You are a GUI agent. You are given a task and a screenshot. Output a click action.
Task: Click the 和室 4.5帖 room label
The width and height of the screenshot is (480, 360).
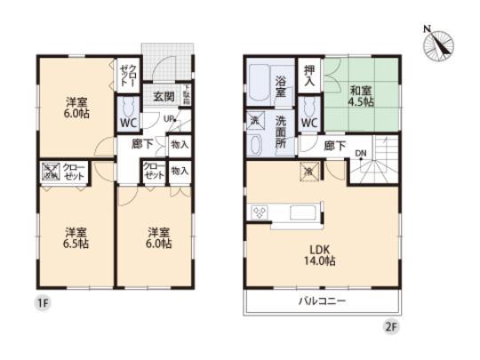coord(360,96)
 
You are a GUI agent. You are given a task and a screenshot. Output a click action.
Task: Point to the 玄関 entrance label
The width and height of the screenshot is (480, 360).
coord(162,97)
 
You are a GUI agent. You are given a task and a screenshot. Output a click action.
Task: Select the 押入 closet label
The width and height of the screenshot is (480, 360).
coord(308,75)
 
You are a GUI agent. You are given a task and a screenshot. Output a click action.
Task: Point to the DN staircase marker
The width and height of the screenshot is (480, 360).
coord(360,152)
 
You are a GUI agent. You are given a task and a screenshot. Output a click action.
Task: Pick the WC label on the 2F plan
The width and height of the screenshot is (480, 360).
coord(308,123)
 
